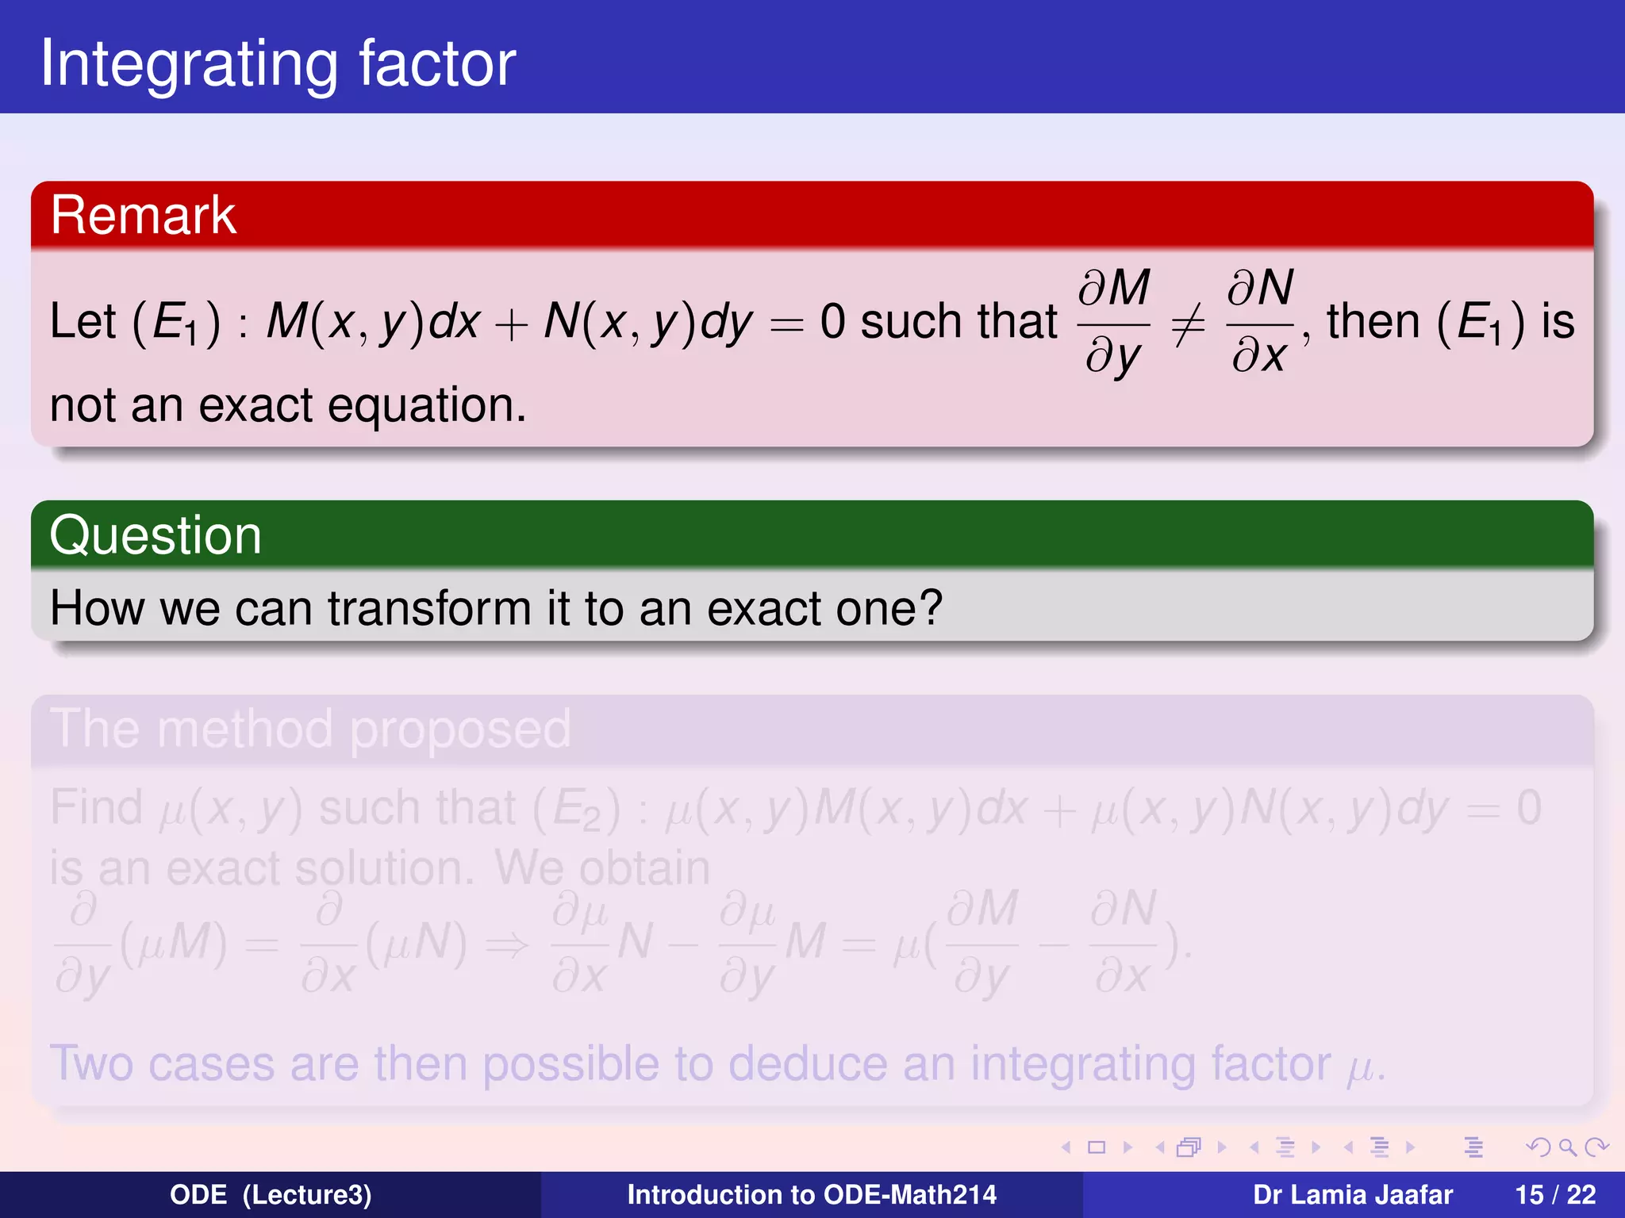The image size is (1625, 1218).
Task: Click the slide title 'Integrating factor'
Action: click(278, 63)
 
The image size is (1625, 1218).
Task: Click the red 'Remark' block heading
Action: click(143, 215)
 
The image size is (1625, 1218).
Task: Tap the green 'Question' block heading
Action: click(156, 535)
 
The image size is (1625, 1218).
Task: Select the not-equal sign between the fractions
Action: click(1188, 324)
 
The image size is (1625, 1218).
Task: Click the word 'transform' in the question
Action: click(428, 608)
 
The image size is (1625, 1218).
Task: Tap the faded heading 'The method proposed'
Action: click(310, 729)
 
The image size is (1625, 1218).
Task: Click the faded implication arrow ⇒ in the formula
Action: click(507, 944)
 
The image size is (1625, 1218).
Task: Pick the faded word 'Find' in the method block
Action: click(96, 808)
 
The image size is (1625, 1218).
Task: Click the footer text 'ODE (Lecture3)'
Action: click(271, 1195)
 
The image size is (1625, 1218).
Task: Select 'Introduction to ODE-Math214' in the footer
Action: click(812, 1195)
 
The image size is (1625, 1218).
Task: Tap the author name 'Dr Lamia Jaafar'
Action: click(1352, 1195)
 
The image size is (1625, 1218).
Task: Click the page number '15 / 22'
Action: click(1554, 1195)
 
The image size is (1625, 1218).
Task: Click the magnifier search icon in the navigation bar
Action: click(1566, 1147)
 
